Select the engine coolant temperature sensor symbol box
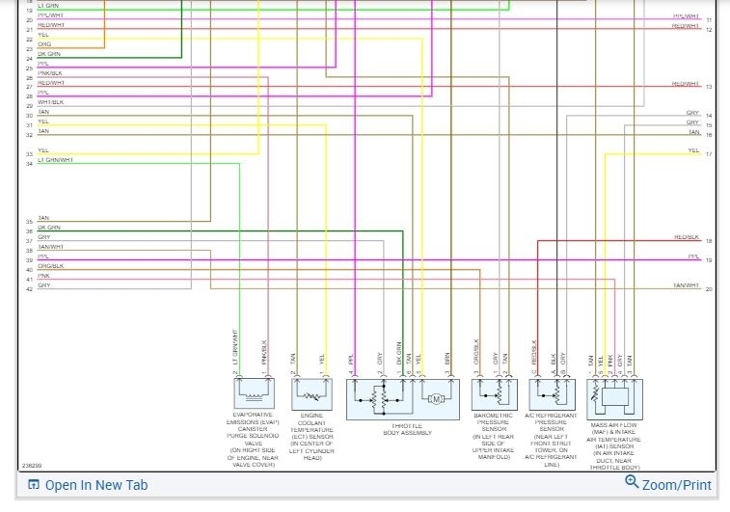tap(311, 394)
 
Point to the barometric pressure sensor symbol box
tap(493, 394)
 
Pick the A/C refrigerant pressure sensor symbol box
tap(551, 394)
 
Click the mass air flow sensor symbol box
tap(614, 394)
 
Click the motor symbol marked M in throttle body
tap(434, 398)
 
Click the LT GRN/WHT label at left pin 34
tap(55, 160)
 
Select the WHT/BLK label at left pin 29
tap(50, 102)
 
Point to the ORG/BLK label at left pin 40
tap(50, 266)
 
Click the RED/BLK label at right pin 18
tap(687, 237)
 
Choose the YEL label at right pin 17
tap(693, 150)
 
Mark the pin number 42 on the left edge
tap(29, 288)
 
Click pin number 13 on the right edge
tap(709, 88)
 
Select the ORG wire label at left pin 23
tap(44, 44)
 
